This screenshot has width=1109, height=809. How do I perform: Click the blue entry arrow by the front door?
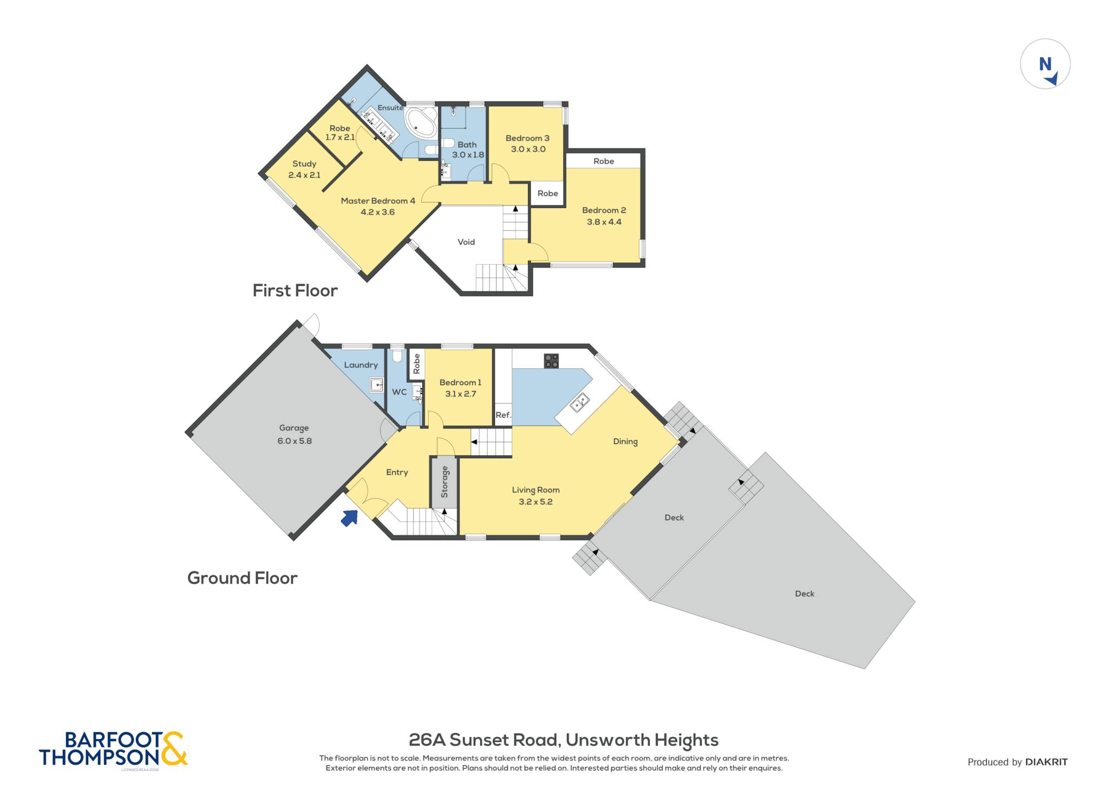tap(350, 518)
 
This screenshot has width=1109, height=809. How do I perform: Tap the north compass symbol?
tap(1045, 64)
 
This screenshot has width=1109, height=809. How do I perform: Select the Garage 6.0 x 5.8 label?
tap(294, 434)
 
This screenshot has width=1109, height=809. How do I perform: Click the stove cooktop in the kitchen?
tap(551, 361)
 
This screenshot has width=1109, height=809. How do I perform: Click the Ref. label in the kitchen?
tap(503, 415)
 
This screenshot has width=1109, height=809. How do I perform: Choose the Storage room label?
tap(445, 481)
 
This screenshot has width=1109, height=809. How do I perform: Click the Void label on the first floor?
tap(466, 242)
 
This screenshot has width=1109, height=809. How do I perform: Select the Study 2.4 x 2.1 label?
tap(304, 169)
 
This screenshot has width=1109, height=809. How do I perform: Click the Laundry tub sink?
tap(376, 385)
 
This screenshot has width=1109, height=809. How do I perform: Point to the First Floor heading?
tap(295, 291)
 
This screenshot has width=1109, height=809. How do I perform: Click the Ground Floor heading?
tap(243, 578)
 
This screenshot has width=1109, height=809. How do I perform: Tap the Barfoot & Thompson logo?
tap(113, 749)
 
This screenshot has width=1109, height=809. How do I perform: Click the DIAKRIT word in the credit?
tap(1046, 762)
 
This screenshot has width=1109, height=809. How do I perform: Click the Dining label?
tap(625, 441)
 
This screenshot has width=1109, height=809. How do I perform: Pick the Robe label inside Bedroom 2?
tap(604, 161)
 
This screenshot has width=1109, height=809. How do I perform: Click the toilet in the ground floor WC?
tap(397, 355)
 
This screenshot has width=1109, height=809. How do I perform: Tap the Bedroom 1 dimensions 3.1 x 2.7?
tap(461, 394)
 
